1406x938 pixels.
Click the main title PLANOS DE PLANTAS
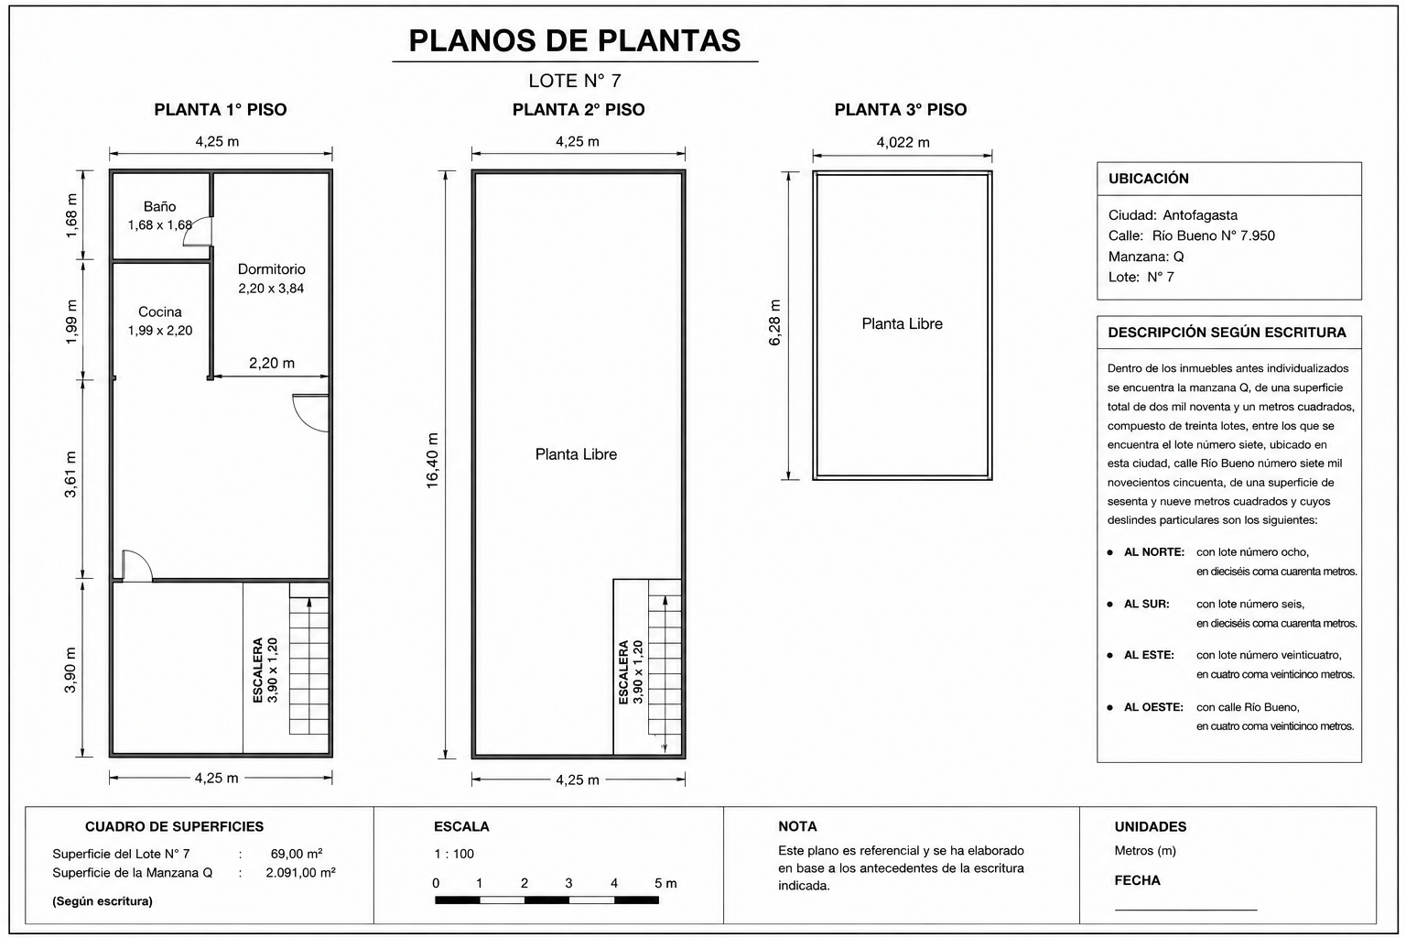574,41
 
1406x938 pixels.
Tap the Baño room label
159,207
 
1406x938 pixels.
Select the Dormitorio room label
271,269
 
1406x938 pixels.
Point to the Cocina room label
160,311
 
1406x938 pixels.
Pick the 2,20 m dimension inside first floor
271,363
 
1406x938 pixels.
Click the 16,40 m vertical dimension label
432,461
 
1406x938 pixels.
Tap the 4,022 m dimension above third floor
903,143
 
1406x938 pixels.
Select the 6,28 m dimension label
774,322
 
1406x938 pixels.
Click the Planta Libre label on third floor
902,323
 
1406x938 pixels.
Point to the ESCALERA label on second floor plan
623,672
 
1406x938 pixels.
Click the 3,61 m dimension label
70,474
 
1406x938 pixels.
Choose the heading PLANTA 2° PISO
579,109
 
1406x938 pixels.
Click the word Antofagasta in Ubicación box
1199,215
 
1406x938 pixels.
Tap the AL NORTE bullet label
1153,552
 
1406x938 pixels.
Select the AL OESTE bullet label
1153,707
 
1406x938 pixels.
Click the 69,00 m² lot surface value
297,853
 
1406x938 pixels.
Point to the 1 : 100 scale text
454,853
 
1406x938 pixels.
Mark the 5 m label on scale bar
665,883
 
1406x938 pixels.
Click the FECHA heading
1137,880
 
